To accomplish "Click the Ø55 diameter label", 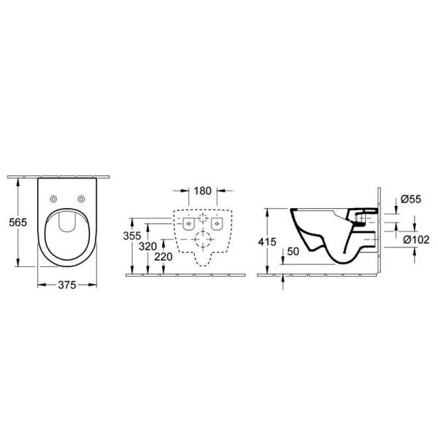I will (410, 199).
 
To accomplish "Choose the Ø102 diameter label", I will (414, 239).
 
